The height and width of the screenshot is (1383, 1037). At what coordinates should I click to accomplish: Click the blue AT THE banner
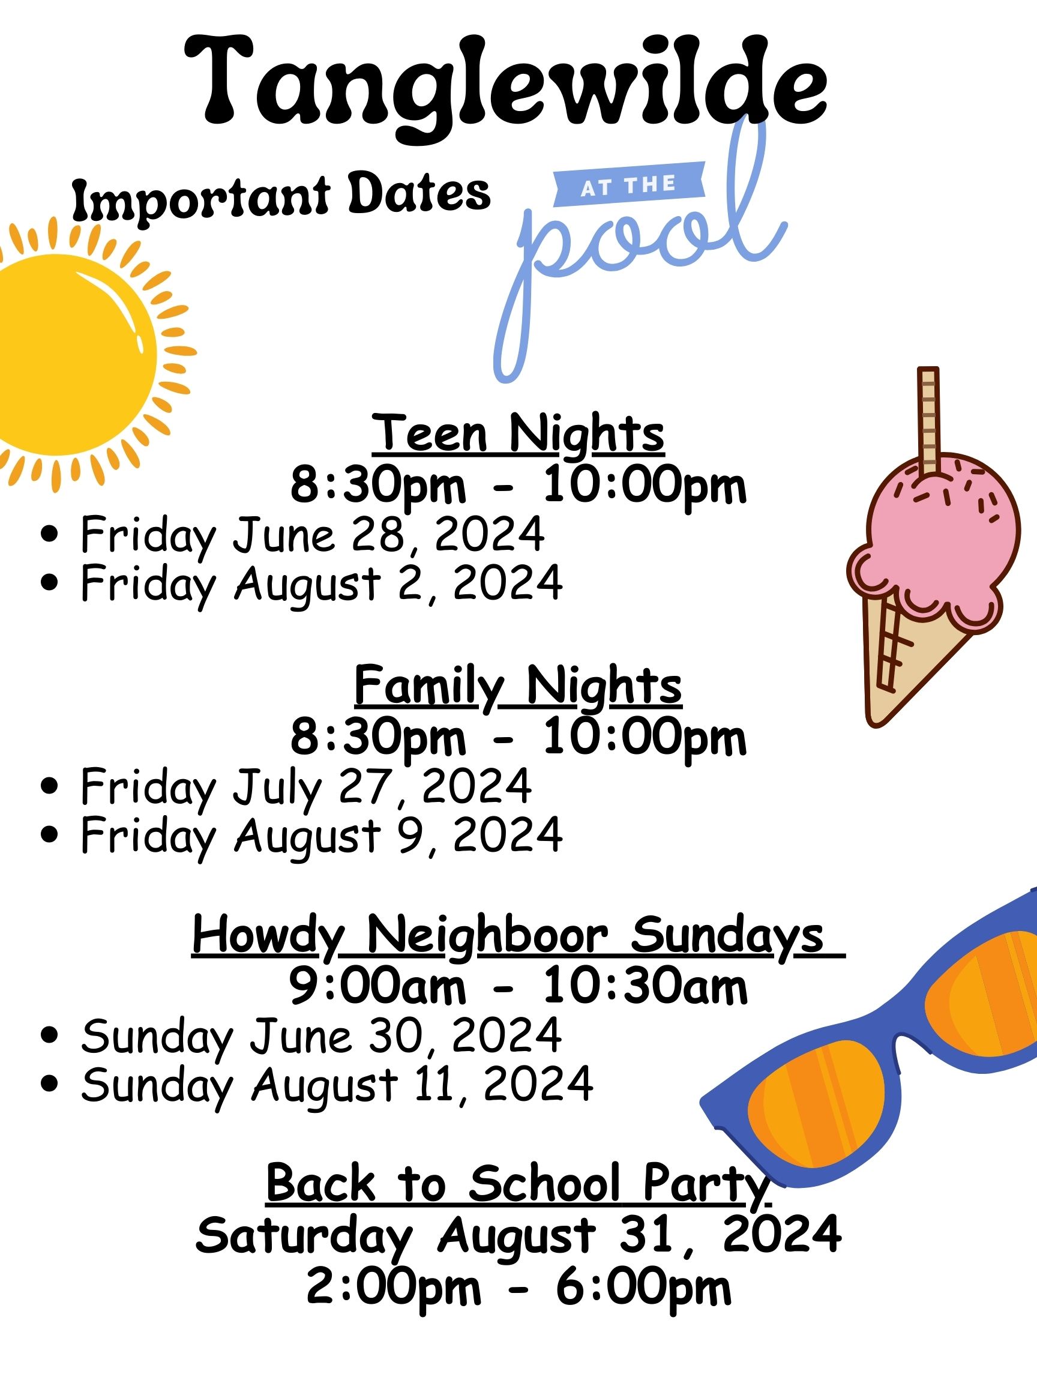pyautogui.click(x=629, y=184)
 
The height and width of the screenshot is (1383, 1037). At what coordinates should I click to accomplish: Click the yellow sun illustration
pyautogui.click(x=75, y=353)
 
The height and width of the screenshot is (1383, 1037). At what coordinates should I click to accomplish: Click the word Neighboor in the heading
pyautogui.click(x=487, y=936)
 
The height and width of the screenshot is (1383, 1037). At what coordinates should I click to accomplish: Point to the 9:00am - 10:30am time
pyautogui.click(x=518, y=987)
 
